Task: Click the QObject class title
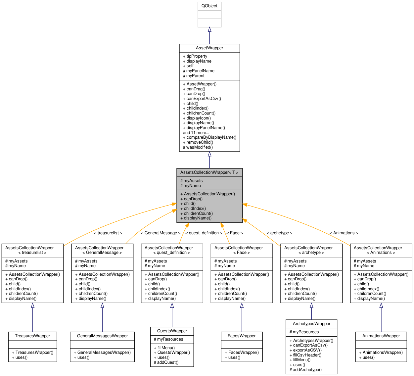(209, 6)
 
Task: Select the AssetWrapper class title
(209, 48)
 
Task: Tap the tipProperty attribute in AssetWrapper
(195, 56)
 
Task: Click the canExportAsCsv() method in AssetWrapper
(202, 99)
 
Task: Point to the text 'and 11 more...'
(196, 133)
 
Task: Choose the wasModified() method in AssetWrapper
(198, 147)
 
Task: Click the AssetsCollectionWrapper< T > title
(209, 172)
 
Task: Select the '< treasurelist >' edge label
(108, 233)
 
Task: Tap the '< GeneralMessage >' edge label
(161, 233)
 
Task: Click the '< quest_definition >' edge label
(204, 233)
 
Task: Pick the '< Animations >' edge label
(344, 233)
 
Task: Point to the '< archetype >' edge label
(279, 233)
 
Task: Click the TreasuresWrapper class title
(32, 336)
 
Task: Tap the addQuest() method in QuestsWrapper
(166, 362)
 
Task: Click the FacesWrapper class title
(242, 336)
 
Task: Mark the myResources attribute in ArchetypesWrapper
(304, 332)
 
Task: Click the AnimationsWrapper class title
(381, 336)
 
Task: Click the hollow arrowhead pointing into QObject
(209, 29)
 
